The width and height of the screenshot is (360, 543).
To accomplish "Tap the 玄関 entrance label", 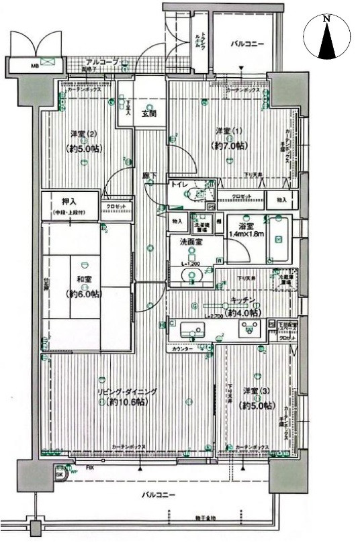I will pyautogui.click(x=149, y=113).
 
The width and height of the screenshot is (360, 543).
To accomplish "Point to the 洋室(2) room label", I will pyautogui.click(x=81, y=133).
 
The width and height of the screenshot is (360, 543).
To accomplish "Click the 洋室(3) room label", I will pyautogui.click(x=258, y=391).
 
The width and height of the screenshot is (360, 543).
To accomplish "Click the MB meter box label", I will pyautogui.click(x=34, y=66).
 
